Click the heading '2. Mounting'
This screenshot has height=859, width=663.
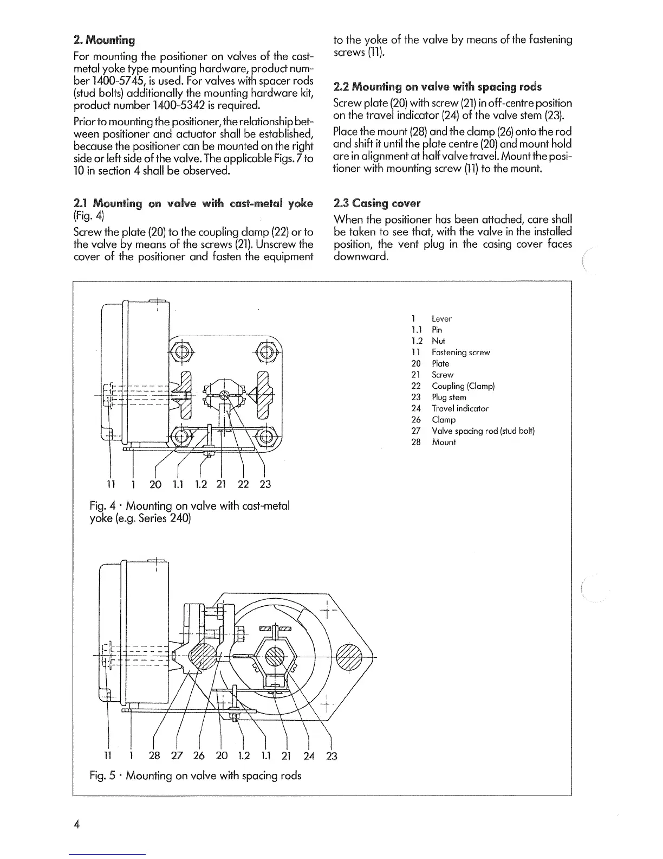pyautogui.click(x=104, y=40)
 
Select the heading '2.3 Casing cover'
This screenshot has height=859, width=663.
pyautogui.click(x=377, y=203)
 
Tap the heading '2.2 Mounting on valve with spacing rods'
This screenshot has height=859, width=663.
pyautogui.click(x=438, y=87)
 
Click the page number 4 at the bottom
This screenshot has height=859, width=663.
pyautogui.click(x=77, y=824)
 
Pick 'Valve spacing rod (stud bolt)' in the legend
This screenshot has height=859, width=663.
pyautogui.click(x=483, y=431)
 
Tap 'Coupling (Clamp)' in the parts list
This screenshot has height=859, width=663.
pyautogui.click(x=463, y=386)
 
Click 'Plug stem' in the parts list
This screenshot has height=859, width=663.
pyautogui.click(x=449, y=398)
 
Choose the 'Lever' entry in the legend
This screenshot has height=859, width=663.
pyautogui.click(x=441, y=319)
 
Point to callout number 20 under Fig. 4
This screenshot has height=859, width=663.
pyautogui.click(x=155, y=484)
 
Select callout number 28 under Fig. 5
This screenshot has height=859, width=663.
pyautogui.click(x=154, y=755)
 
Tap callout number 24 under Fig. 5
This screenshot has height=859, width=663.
pyautogui.click(x=309, y=755)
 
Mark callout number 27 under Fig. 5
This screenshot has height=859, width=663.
pyautogui.click(x=177, y=755)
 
